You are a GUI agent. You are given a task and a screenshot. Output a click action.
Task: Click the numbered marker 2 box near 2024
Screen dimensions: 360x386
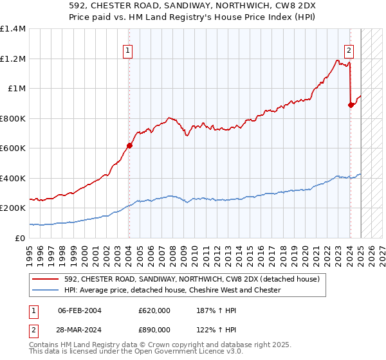(x=349, y=51)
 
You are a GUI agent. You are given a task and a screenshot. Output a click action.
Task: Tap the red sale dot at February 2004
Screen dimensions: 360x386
(x=129, y=145)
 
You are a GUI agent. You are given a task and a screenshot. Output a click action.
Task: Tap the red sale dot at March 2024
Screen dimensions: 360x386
(x=351, y=105)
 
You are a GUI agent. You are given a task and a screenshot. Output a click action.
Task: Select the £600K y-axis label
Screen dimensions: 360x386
(x=13, y=148)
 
